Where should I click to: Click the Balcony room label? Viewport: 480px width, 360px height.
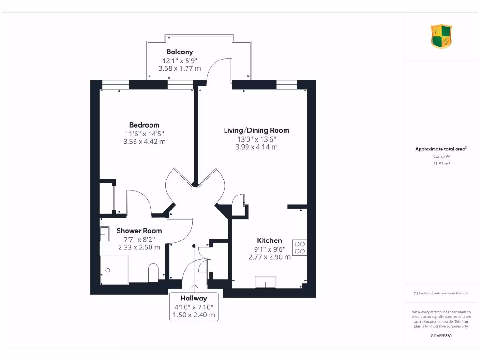coord(179,52)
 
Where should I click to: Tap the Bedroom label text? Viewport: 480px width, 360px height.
coord(144,125)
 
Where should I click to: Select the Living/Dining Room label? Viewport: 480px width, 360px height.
coord(256,130)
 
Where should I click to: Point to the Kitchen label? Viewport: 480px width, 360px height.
coord(269,240)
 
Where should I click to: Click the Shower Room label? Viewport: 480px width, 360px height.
coord(139,231)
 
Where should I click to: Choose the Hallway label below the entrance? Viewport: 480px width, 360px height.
coord(194,298)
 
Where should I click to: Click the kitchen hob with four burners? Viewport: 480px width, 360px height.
coord(300,247)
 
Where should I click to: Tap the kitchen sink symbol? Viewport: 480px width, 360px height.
coord(265,282)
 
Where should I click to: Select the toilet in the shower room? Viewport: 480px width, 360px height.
coord(153,273)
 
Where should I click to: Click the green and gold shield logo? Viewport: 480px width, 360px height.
coord(442,37)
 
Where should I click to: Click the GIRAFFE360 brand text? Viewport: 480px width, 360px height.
coord(441,336)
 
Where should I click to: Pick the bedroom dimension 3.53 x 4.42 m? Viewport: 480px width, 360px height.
coord(144,141)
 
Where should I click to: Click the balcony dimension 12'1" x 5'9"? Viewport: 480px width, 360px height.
coord(179,60)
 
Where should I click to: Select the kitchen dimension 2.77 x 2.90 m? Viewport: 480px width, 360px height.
coord(269,257)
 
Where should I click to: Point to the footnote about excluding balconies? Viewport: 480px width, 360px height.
coord(441,293)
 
